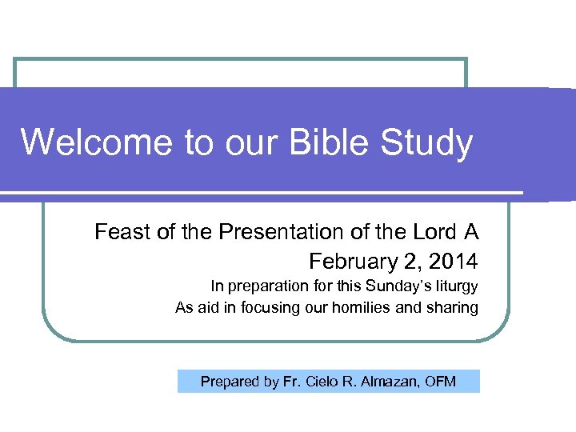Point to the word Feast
[x=121, y=233]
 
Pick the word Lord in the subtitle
[x=433, y=233]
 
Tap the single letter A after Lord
[x=471, y=233]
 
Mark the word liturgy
[x=454, y=286]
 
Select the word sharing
[x=454, y=308]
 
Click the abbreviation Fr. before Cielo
[x=292, y=382]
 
